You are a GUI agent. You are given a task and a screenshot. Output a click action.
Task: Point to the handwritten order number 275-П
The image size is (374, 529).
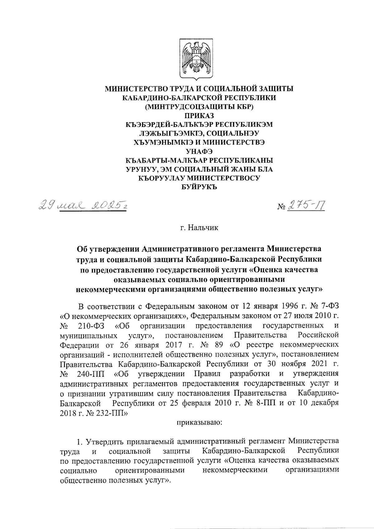click(x=307, y=206)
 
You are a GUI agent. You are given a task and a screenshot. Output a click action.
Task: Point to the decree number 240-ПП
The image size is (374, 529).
click(x=90, y=373)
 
